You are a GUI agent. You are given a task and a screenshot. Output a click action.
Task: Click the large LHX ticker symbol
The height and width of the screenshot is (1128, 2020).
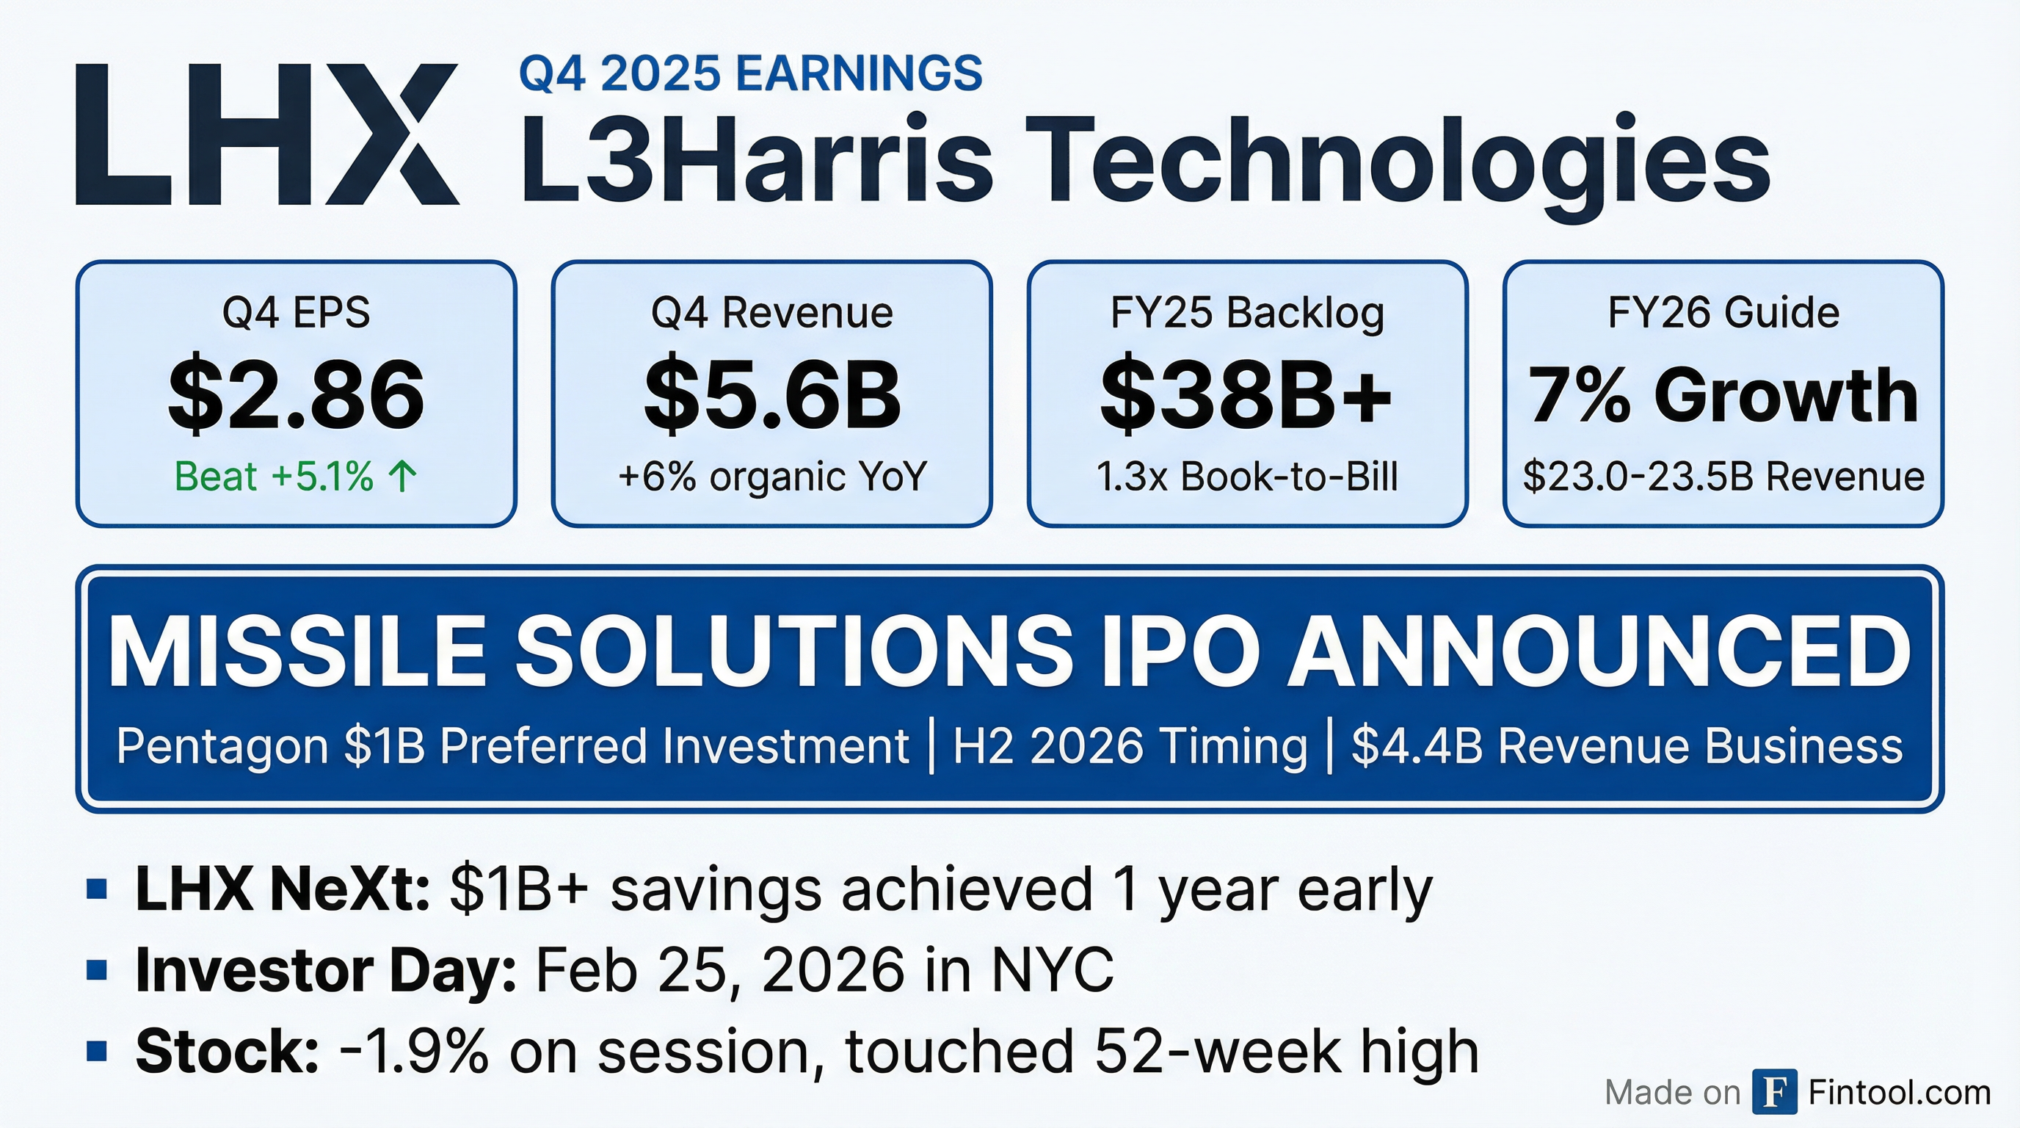click(x=267, y=135)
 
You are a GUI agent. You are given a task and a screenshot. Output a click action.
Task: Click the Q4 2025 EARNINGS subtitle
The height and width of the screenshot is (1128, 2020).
click(x=750, y=73)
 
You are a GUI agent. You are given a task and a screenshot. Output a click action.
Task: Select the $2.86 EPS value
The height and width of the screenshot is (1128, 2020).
click(x=297, y=396)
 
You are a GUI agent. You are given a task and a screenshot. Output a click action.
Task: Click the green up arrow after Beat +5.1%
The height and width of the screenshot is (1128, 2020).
click(x=402, y=476)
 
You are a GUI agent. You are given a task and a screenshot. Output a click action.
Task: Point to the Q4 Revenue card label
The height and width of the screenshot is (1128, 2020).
click(x=771, y=313)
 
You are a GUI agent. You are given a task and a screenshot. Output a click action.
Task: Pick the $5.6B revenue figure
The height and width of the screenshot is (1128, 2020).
click(x=772, y=396)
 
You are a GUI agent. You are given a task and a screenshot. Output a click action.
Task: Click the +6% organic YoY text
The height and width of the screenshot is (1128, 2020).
click(x=772, y=476)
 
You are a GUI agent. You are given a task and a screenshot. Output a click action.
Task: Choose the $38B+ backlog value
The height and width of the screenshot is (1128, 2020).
click(x=1247, y=396)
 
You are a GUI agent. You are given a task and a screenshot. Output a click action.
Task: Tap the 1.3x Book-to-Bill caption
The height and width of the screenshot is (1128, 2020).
click(x=1247, y=476)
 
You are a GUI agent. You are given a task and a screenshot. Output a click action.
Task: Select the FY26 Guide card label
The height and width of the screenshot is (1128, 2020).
click(x=1723, y=313)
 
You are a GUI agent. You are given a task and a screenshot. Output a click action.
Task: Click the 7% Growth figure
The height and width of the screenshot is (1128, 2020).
click(x=1723, y=396)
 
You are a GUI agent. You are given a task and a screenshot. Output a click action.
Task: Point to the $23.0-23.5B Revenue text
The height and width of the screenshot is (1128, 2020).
click(x=1723, y=476)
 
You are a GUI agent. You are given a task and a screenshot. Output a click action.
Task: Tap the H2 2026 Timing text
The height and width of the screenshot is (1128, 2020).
click(x=1130, y=745)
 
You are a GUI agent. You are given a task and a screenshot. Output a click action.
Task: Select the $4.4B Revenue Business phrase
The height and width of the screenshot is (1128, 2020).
click(x=1627, y=745)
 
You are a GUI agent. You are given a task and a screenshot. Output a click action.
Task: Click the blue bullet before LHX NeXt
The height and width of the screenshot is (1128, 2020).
click(x=96, y=889)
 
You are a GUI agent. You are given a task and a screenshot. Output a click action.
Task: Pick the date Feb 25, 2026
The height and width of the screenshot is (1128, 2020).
click(x=721, y=972)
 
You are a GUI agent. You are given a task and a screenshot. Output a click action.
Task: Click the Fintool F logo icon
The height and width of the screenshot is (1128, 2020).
click(x=1775, y=1091)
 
